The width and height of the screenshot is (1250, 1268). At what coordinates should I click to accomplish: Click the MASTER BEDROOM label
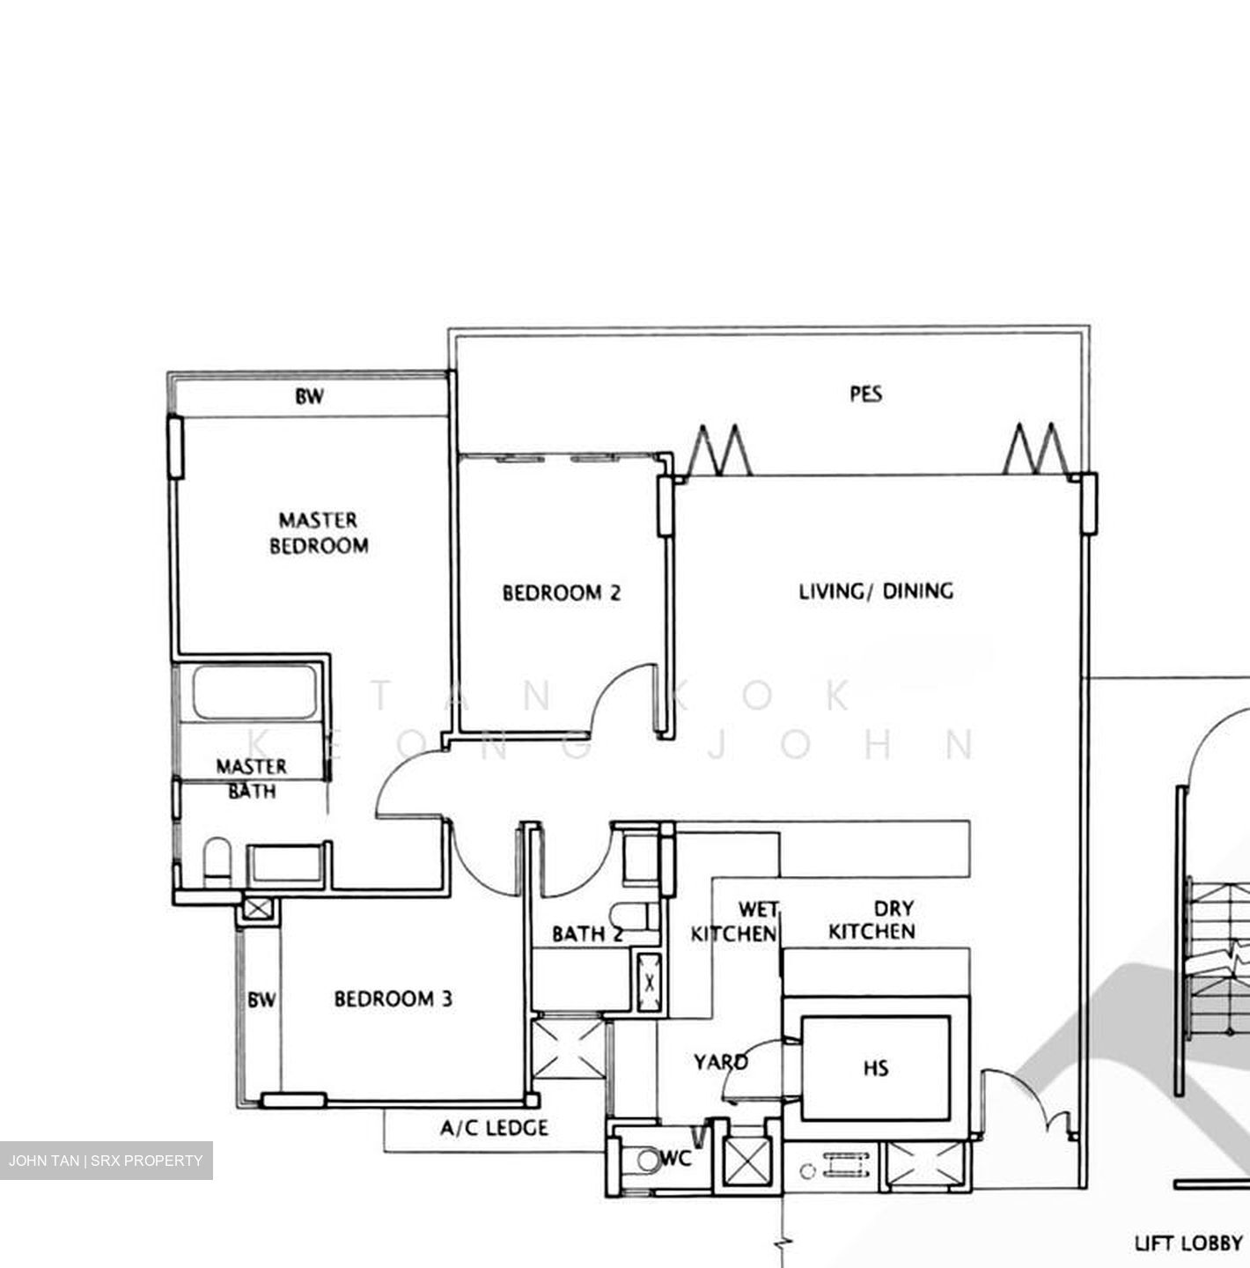tap(319, 533)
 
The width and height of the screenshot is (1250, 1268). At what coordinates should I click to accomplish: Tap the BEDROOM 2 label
tap(561, 593)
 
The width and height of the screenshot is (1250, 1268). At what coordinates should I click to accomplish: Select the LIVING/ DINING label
tap(876, 591)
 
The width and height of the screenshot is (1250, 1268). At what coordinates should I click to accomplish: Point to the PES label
tap(865, 394)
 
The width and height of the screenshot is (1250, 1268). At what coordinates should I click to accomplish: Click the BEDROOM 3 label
tap(393, 999)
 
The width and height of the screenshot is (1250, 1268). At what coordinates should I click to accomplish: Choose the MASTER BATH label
tap(252, 778)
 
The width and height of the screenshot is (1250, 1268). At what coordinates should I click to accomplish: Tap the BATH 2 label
tap(587, 934)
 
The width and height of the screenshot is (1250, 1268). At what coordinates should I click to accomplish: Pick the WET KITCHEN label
tap(734, 921)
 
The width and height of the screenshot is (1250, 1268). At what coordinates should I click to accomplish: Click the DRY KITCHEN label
tap(872, 920)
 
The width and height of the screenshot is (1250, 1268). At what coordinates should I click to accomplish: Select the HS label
tap(876, 1069)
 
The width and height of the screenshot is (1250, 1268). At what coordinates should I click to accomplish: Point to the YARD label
tap(720, 1062)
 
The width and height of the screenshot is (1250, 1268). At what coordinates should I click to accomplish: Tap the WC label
tap(676, 1159)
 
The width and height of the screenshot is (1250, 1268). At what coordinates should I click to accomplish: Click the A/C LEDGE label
tap(494, 1128)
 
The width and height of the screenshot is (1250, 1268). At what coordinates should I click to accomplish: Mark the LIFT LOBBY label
tap(1187, 1243)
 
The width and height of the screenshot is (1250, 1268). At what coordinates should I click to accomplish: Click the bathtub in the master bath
tap(254, 693)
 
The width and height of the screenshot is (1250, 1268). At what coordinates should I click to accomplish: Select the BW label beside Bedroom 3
tap(261, 1000)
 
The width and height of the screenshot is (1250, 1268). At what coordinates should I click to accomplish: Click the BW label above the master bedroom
tap(309, 397)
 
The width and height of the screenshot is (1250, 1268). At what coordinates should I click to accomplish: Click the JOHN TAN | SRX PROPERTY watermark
tap(106, 1161)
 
